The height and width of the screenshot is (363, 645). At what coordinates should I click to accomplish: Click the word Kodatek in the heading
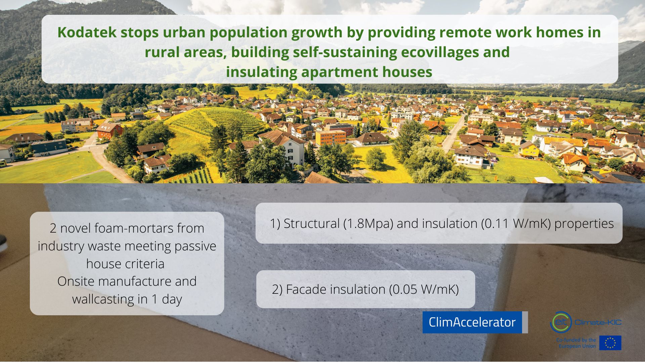pos(87,32)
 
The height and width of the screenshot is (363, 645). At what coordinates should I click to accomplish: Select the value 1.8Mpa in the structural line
pos(368,224)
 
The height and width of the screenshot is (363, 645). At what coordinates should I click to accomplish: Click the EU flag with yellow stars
pos(610,343)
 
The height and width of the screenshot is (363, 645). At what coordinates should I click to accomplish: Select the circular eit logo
pos(561,322)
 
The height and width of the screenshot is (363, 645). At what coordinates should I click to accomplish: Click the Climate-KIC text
pos(598,322)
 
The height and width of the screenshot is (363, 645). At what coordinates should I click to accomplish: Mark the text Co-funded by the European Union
pos(576,343)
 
